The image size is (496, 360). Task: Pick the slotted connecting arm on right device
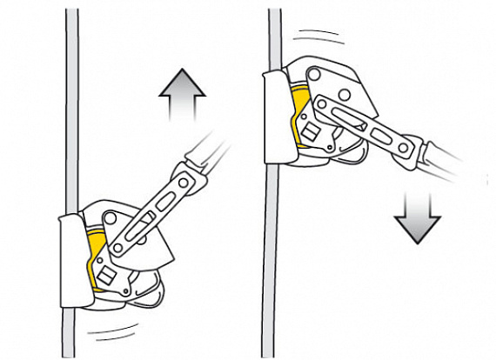click(x=365, y=130)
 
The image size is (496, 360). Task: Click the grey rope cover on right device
click(x=276, y=117)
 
